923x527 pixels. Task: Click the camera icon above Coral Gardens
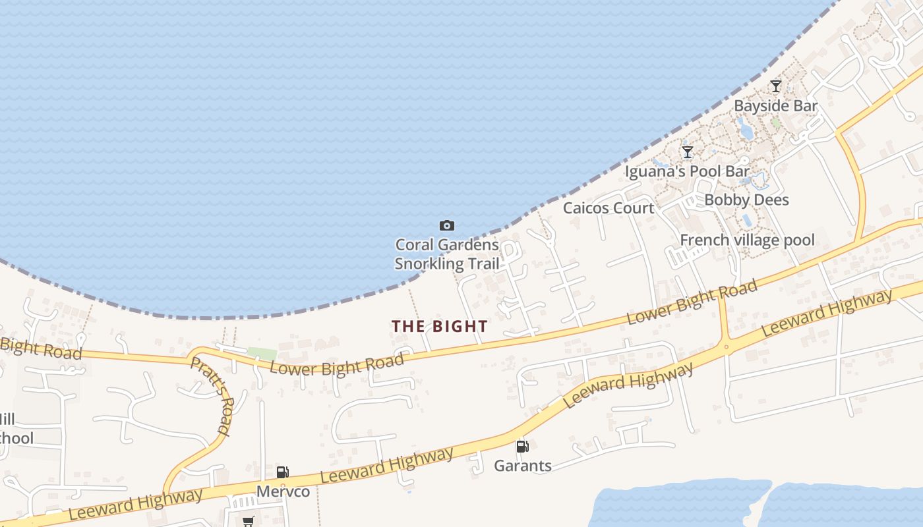click(447, 226)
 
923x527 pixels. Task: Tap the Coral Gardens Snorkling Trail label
click(446, 254)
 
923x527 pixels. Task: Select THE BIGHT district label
click(440, 326)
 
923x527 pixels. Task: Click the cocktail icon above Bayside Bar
click(776, 86)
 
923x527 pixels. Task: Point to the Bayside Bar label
click(775, 106)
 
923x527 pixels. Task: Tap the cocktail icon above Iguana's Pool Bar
click(688, 152)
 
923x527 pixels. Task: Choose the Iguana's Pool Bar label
click(688, 172)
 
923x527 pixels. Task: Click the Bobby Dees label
click(746, 200)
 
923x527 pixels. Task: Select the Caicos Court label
click(609, 208)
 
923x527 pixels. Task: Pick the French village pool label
click(747, 240)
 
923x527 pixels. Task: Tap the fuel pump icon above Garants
click(522, 447)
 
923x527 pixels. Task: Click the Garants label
click(523, 466)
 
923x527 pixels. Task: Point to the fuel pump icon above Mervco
click(282, 472)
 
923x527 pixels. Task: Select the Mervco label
click(283, 491)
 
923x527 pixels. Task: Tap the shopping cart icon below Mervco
click(248, 522)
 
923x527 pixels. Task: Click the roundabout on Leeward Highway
click(726, 347)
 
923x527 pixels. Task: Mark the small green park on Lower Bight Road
click(262, 354)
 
